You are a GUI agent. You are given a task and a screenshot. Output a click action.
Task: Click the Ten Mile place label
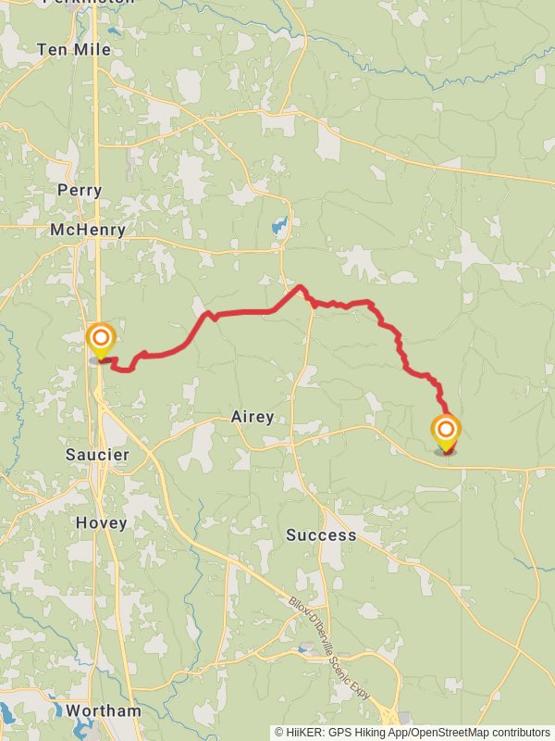click(x=74, y=49)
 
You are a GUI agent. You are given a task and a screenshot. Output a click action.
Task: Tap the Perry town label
click(x=80, y=190)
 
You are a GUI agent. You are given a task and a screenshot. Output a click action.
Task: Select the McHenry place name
click(x=88, y=230)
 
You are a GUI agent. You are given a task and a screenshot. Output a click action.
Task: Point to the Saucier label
click(x=97, y=455)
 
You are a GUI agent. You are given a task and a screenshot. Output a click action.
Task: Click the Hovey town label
click(x=101, y=523)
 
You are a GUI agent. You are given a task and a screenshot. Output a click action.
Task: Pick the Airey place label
click(x=253, y=418)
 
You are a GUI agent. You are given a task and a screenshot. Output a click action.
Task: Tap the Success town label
click(x=321, y=535)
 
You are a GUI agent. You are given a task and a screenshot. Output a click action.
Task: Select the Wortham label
click(x=103, y=711)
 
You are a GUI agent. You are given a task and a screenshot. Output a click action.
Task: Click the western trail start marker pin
click(x=100, y=340)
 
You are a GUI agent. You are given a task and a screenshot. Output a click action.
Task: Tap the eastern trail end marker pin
click(x=446, y=432)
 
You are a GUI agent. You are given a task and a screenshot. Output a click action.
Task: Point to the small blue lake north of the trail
click(x=278, y=225)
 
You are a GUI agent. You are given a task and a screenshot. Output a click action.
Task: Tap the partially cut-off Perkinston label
click(x=77, y=3)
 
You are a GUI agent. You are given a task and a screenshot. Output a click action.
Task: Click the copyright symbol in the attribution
click(x=279, y=732)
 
